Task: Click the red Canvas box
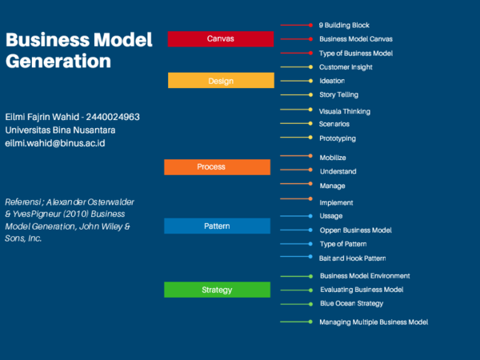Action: point(221,39)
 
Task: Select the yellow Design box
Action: point(221,81)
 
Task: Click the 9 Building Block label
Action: point(344,26)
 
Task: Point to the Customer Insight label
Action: point(346,67)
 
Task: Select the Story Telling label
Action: point(339,94)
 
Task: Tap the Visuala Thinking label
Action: point(345,110)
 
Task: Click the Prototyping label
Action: point(338,138)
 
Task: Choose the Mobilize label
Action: point(333,158)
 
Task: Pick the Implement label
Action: point(336,202)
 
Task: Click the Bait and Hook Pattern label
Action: point(353,258)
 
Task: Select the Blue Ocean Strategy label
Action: point(351,304)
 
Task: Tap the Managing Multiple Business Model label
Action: point(374,322)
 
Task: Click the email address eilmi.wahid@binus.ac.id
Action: point(55,143)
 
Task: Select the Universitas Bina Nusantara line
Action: point(60,130)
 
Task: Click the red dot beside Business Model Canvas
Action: point(309,39)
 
